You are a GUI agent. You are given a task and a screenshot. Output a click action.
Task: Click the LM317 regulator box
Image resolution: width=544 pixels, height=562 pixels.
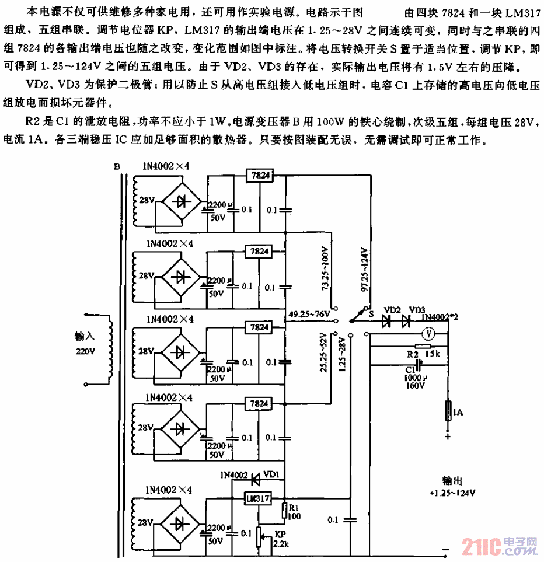(x=257, y=499)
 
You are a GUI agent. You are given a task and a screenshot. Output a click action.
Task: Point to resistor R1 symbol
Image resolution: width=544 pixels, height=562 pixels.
(x=284, y=509)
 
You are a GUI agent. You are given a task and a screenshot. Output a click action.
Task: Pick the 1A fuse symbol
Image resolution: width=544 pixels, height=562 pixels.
(x=448, y=414)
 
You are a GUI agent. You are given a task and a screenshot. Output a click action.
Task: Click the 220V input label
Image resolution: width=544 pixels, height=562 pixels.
(x=84, y=352)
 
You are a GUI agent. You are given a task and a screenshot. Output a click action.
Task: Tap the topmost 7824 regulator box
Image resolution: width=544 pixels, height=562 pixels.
(x=257, y=174)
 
